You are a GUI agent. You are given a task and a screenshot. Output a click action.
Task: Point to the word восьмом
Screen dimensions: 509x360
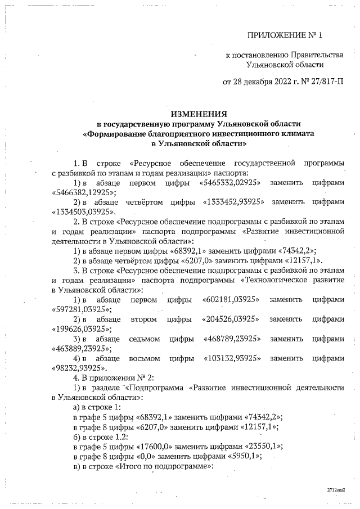pyautogui.click(x=145, y=358)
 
